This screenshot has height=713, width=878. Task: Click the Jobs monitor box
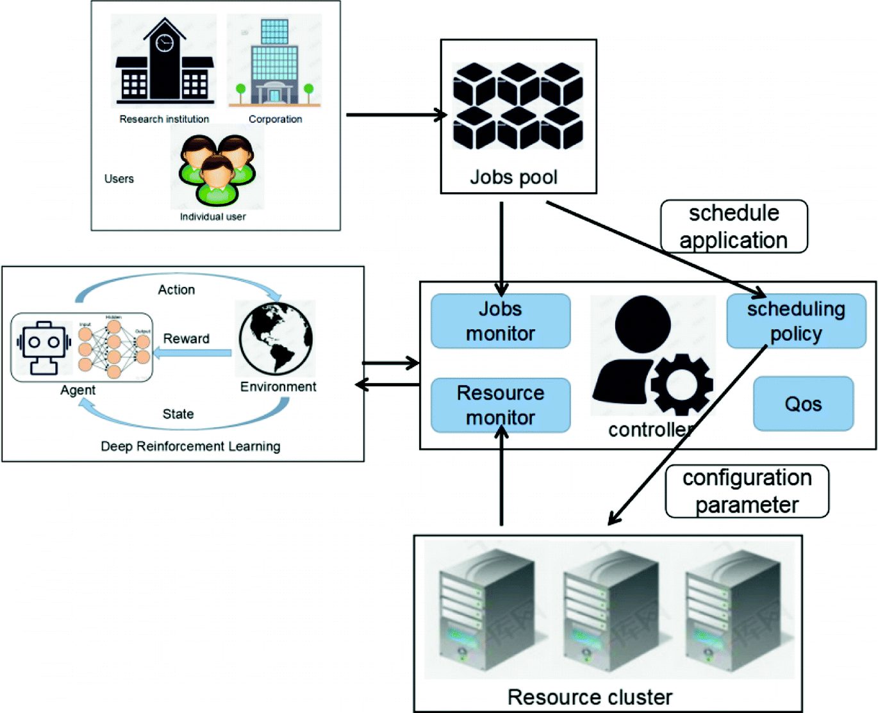click(x=501, y=321)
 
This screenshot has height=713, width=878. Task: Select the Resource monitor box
click(x=501, y=405)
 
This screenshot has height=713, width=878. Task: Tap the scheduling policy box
click(x=796, y=321)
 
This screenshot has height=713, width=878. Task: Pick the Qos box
click(x=803, y=404)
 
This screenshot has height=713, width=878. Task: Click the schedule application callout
click(x=734, y=226)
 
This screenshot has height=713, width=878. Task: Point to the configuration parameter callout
click(x=747, y=491)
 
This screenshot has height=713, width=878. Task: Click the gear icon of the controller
click(x=681, y=384)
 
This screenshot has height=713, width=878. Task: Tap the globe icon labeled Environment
click(x=276, y=338)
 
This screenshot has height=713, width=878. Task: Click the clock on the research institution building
click(x=165, y=44)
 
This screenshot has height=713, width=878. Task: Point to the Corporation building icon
click(x=275, y=62)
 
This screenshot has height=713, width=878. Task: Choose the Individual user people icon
click(x=217, y=170)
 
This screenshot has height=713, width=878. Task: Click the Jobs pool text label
click(x=513, y=177)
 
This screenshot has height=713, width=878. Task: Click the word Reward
click(x=186, y=338)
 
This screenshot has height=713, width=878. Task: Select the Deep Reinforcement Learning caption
click(x=190, y=446)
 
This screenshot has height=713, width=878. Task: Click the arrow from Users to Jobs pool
click(x=394, y=115)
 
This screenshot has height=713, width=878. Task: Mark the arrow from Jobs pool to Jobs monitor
click(x=501, y=247)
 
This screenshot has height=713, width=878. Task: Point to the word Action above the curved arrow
click(x=176, y=290)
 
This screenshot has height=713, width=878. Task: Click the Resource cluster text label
click(x=590, y=697)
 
